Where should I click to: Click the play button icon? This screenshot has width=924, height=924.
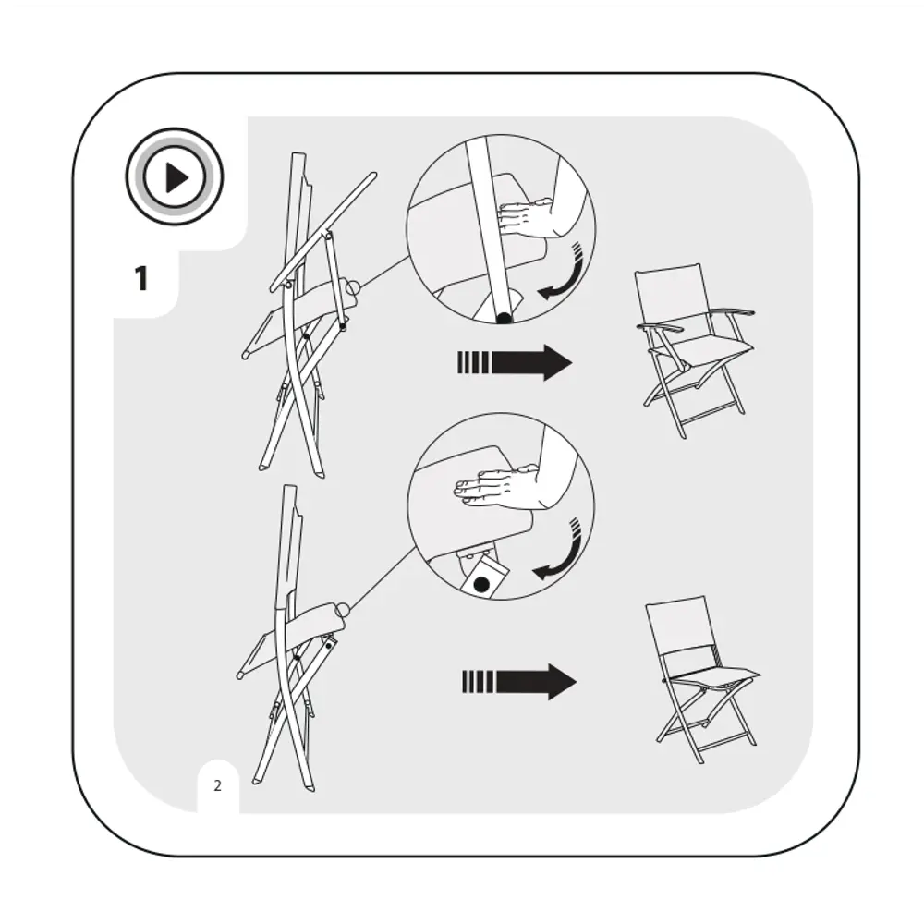click(175, 176)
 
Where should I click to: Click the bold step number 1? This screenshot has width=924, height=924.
click(140, 278)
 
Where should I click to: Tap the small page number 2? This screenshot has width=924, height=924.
click(217, 785)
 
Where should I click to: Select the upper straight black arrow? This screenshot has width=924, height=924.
click(515, 362)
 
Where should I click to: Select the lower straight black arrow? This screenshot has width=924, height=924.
click(519, 682)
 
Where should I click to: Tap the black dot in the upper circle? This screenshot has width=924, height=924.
click(504, 319)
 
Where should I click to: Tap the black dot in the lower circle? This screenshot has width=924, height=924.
click(481, 585)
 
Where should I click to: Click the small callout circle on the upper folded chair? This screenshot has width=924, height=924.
click(352, 288)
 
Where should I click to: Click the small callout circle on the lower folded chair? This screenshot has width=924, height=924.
click(343, 609)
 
